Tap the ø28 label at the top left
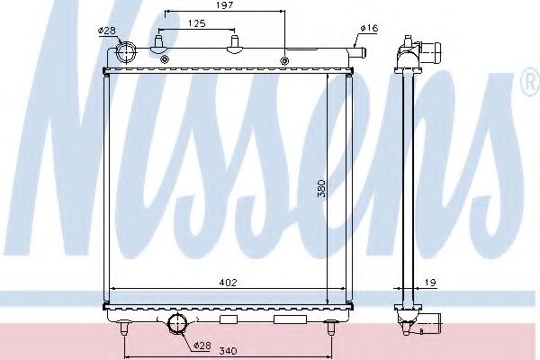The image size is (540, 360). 107,31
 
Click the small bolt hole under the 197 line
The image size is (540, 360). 284,61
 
